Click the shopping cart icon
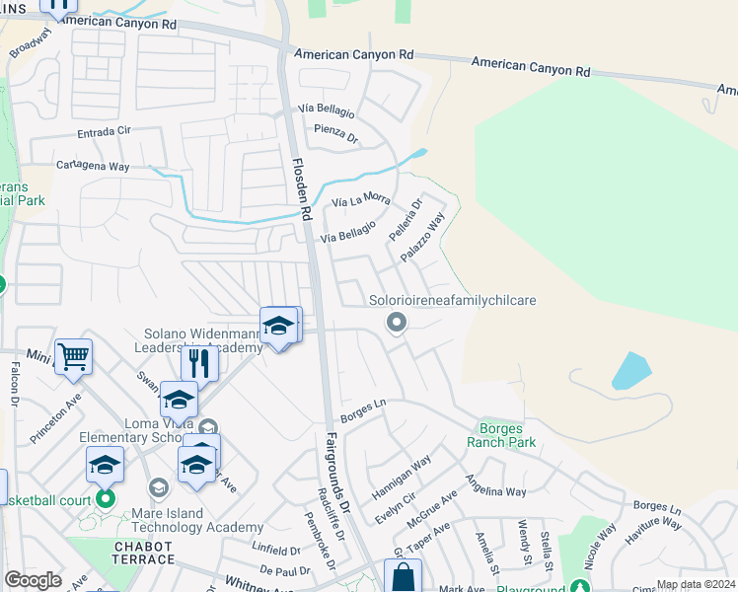(74, 356)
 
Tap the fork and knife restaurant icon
(200, 363)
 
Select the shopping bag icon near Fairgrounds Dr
(403, 576)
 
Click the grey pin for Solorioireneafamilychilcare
(397, 322)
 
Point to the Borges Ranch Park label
(507, 435)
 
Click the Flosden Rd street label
(300, 187)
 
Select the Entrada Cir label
(104, 131)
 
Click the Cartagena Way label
(93, 166)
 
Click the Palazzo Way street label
(423, 237)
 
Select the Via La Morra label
(355, 200)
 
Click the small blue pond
(630, 371)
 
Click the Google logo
(33, 580)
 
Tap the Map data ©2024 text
(697, 584)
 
